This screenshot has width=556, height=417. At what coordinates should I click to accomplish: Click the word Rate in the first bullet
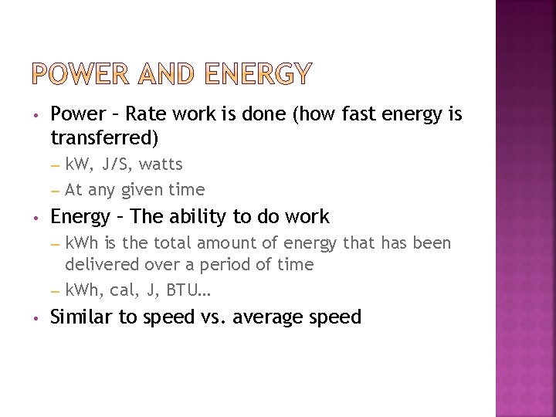(146, 114)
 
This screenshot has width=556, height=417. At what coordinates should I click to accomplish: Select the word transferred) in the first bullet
(104, 138)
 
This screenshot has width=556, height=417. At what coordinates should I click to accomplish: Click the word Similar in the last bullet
(80, 317)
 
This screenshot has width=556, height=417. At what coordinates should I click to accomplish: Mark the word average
(271, 317)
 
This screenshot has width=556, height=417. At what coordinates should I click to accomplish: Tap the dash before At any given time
(55, 190)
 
